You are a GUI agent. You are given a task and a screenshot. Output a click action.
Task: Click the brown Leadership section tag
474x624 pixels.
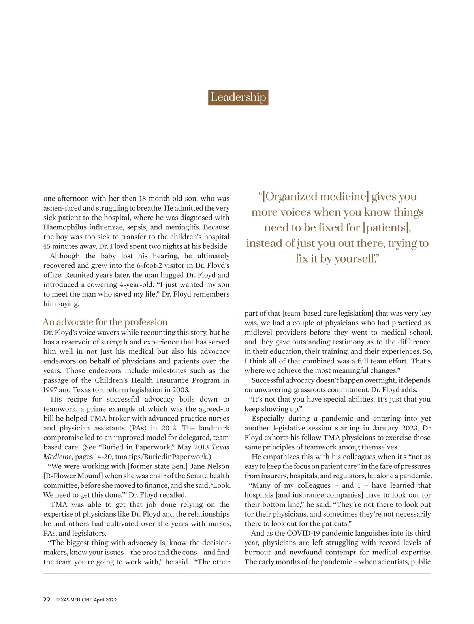point(238,97)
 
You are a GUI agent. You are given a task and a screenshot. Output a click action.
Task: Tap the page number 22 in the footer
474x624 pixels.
point(47,599)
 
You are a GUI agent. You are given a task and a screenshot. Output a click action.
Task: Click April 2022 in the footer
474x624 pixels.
point(105,600)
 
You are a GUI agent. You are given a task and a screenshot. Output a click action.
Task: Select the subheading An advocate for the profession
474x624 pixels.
point(105,322)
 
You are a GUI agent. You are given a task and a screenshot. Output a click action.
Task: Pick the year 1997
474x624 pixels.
point(50,390)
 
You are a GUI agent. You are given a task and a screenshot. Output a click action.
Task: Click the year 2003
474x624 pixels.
point(180,390)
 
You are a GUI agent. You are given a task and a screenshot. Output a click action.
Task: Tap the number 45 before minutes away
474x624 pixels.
point(47,246)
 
